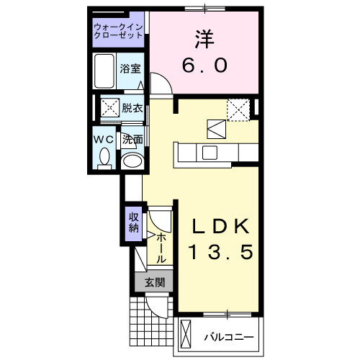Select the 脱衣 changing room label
point(132,108)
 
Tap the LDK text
point(220,226)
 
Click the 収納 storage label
point(134,222)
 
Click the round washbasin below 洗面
point(132,159)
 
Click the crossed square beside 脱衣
point(109,109)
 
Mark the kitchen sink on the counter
point(210,153)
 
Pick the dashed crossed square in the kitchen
point(237,109)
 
